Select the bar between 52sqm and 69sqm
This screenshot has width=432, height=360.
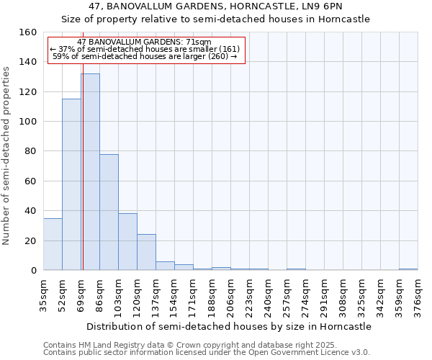(71, 184)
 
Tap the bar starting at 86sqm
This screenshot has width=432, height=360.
(109, 212)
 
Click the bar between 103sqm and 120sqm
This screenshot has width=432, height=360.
(127, 242)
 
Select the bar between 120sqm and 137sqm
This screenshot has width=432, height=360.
(146, 252)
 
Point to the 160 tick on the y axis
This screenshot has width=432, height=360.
(28, 32)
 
